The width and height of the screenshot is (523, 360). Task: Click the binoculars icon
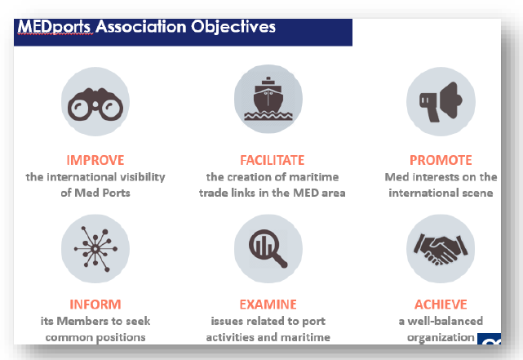click(95, 104)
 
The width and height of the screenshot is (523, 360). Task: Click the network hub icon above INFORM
click(95, 249)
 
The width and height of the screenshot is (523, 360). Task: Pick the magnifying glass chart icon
click(268, 249)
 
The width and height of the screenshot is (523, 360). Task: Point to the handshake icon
click(441, 250)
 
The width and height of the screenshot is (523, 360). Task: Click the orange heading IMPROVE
click(95, 160)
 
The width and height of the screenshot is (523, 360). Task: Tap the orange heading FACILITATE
click(273, 160)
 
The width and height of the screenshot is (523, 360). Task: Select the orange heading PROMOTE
click(441, 160)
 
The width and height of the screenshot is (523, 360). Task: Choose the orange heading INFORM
click(95, 304)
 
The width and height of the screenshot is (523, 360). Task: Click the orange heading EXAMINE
click(268, 304)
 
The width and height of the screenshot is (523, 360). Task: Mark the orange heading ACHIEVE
click(441, 304)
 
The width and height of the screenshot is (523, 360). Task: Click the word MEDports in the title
click(54, 27)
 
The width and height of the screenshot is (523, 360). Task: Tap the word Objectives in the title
click(233, 27)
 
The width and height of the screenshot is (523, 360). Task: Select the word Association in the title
click(141, 26)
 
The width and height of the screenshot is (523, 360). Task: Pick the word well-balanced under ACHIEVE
click(445, 321)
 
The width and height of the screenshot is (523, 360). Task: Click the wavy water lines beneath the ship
click(268, 116)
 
